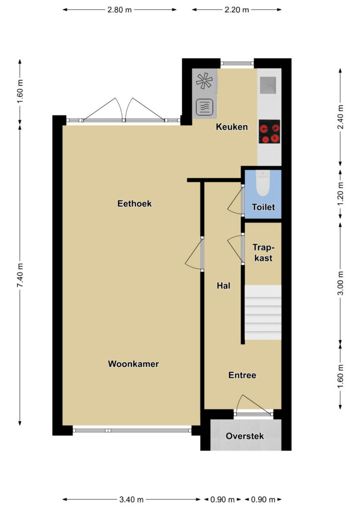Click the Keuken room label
(232, 127)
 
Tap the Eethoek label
(134, 203)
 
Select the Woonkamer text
(133, 364)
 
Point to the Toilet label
(263, 207)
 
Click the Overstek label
(245, 436)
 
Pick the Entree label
(242, 375)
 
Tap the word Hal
(223, 286)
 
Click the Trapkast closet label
(263, 253)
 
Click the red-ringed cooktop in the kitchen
(270, 131)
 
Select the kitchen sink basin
(268, 85)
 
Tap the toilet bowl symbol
(263, 183)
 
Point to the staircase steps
(263, 312)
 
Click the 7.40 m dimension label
(20, 275)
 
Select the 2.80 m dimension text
(120, 10)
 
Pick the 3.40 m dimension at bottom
(131, 499)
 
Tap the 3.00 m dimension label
(341, 283)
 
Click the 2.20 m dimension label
(237, 10)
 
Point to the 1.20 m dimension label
(341, 194)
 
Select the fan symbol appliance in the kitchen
(204, 81)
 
